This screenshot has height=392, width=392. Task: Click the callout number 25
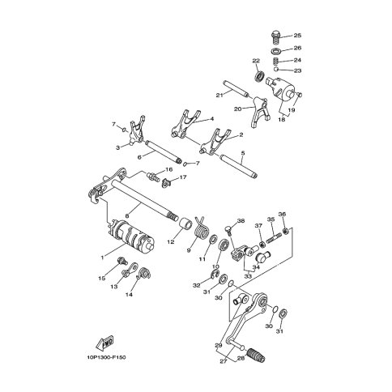(x=297, y=36)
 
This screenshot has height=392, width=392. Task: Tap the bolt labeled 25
(x=275, y=38)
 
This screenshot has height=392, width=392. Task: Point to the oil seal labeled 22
(x=260, y=75)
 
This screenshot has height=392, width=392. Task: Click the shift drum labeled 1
(x=131, y=234)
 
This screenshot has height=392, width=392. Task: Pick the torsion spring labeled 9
(x=202, y=228)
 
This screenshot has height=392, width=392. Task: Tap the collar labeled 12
(x=186, y=224)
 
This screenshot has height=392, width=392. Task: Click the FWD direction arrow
(x=104, y=343)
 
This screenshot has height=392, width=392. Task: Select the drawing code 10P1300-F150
(x=106, y=358)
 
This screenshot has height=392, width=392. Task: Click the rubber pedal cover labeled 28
(x=256, y=355)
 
